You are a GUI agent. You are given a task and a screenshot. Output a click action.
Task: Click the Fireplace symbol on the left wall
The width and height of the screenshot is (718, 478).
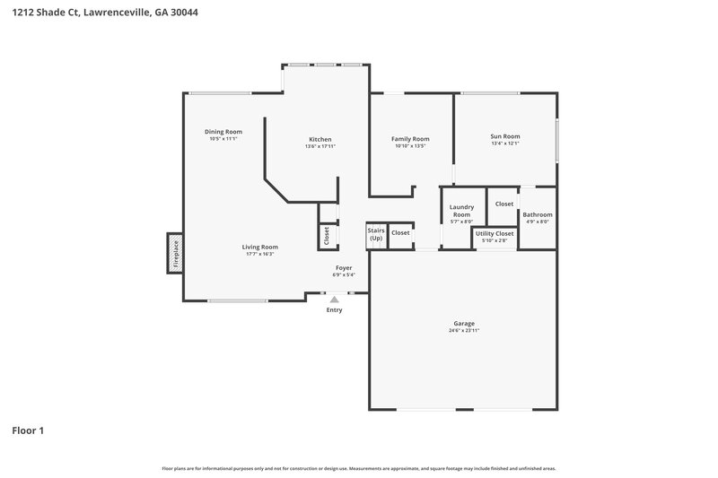[x=175, y=253]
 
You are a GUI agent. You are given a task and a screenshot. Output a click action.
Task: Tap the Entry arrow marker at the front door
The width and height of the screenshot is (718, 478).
[x=334, y=300]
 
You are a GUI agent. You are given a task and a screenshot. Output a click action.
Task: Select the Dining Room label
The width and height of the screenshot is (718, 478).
[x=223, y=132]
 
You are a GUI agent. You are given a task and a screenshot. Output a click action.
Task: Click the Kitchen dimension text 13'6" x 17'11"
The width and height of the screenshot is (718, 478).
[x=320, y=146]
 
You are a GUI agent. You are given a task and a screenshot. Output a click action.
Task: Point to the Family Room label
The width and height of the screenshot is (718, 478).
[x=410, y=139]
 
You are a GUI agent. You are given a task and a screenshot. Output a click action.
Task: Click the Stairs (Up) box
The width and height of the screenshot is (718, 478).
[x=376, y=234]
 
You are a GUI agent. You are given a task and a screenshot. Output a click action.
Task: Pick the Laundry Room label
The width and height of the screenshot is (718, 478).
[x=461, y=212]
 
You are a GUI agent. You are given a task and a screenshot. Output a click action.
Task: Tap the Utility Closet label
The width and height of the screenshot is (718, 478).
[x=495, y=233]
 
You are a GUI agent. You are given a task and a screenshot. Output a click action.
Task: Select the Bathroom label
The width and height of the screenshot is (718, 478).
[x=538, y=214]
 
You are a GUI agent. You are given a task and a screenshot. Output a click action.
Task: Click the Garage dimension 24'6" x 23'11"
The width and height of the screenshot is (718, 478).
[x=463, y=331]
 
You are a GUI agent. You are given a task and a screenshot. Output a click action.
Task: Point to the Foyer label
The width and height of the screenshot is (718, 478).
[x=344, y=267]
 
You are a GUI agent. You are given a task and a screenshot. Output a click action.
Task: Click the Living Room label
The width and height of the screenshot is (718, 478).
[x=260, y=247]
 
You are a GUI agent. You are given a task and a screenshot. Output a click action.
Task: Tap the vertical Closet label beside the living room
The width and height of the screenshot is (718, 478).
[x=326, y=236]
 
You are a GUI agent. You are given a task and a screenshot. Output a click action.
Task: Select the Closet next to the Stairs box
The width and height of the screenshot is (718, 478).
[x=400, y=233]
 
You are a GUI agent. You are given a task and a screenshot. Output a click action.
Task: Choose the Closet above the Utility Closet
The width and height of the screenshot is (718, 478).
[x=504, y=204]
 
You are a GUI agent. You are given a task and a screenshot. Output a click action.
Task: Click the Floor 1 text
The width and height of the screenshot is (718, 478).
[x=28, y=430]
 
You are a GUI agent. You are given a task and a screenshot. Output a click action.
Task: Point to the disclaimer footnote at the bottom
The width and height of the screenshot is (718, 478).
[x=358, y=468]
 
